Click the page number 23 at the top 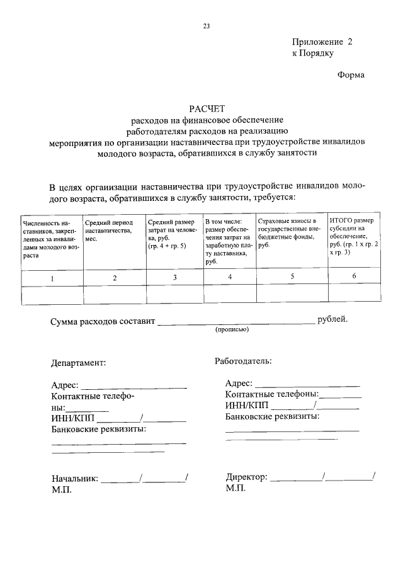[205, 26]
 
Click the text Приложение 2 [322, 42]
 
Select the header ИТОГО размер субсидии [355, 236]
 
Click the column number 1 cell [52, 278]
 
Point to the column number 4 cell [229, 277]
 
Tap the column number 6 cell [354, 276]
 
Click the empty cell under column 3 [174, 295]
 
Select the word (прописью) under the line [232, 329]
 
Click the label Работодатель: [242, 361]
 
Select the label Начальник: [74, 478]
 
